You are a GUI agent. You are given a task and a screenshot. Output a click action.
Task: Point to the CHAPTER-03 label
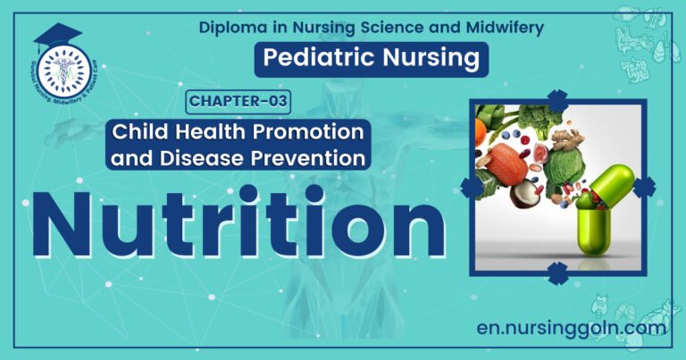(x=238, y=101)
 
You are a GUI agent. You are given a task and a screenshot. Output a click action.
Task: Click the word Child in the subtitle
(x=136, y=132)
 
